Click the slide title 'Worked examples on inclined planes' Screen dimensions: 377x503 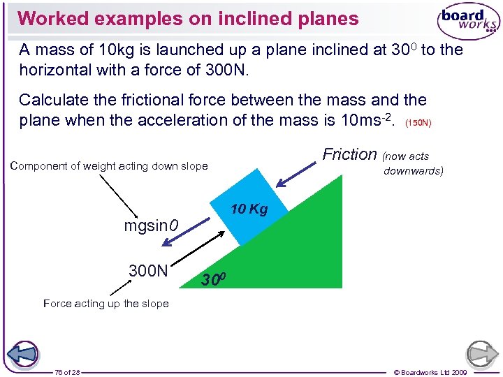[x=188, y=18]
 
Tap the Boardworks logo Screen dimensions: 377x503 [x=468, y=22]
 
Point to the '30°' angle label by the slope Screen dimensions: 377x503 [x=213, y=281]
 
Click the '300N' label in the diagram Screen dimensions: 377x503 [x=148, y=270]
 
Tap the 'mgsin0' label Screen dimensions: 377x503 [x=151, y=226]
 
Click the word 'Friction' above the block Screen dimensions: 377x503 [x=349, y=154]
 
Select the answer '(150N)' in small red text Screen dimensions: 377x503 [x=419, y=123]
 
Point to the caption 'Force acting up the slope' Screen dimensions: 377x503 [x=106, y=303]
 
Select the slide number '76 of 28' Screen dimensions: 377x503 [x=67, y=372]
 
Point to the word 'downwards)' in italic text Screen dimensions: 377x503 [x=413, y=171]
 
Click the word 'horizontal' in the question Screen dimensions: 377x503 [x=53, y=71]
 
